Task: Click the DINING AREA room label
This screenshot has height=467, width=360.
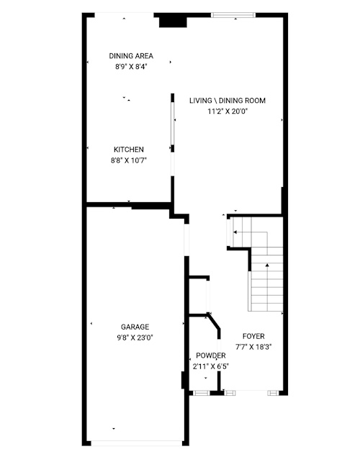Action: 131,56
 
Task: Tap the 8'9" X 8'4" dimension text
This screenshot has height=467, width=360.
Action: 132,67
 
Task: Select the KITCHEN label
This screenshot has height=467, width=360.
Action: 129,150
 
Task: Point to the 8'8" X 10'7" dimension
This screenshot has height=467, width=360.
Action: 129,160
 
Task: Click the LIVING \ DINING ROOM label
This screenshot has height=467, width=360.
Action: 228,101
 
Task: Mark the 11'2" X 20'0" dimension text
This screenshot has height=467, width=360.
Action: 228,112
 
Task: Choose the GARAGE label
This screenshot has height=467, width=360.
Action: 135,327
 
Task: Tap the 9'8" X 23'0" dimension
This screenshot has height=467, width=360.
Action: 135,337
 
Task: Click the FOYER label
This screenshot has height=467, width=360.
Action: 253,336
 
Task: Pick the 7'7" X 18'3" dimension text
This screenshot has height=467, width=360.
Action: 253,347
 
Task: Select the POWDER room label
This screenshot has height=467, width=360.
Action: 211,355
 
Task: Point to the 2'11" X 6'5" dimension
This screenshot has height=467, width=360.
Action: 211,367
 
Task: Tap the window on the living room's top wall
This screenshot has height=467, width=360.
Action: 234,15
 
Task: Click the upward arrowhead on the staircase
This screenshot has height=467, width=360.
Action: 267,265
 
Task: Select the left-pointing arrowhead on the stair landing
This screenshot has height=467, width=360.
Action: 235,232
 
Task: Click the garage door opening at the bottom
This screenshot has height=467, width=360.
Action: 137,443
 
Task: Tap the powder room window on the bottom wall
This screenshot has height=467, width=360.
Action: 202,393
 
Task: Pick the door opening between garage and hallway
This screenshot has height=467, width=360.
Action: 187,240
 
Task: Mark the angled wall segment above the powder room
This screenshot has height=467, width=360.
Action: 214,321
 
